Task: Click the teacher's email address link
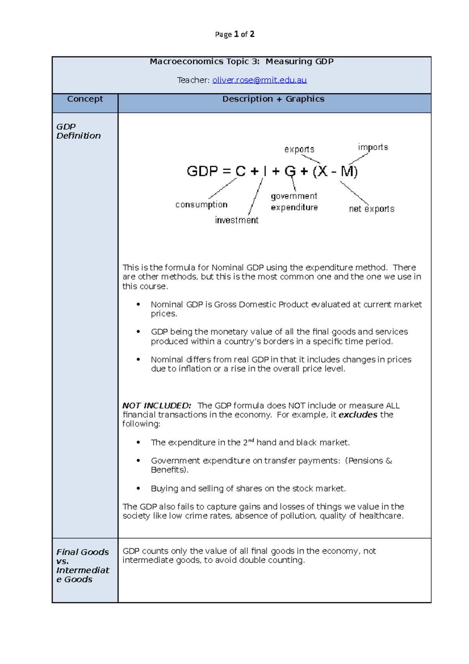point(259,80)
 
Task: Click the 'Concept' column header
point(85,99)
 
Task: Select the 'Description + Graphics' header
point(273,99)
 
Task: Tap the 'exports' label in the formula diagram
point(299,149)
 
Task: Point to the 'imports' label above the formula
point(373,147)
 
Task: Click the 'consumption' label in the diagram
point(201,205)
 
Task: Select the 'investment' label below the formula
point(236,220)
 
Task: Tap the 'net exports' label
point(371,209)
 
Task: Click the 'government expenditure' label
point(294,202)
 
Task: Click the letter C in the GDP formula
point(240,171)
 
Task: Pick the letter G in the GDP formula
point(290,171)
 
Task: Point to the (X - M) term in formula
point(335,171)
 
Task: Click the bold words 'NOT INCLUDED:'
point(157,406)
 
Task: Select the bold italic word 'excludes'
point(358,415)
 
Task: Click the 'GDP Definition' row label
point(78,131)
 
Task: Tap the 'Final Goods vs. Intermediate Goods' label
point(82,565)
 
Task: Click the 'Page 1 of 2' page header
point(234,34)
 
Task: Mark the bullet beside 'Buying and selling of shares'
point(138,488)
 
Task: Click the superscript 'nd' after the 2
point(251,440)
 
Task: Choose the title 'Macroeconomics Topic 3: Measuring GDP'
point(242,61)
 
